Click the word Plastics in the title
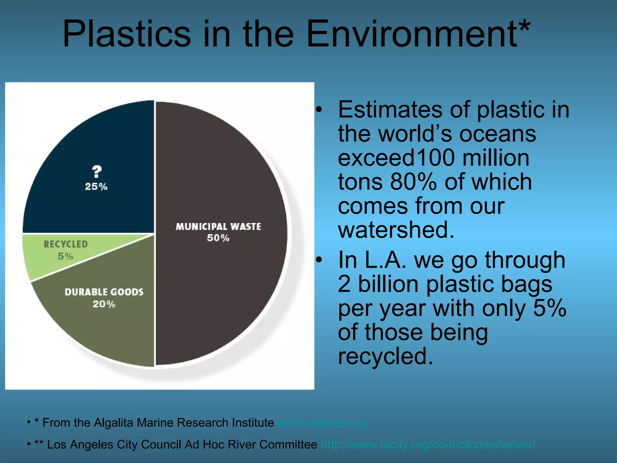click(x=127, y=34)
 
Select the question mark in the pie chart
click(x=97, y=172)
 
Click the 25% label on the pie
click(x=96, y=187)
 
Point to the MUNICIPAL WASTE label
click(x=218, y=227)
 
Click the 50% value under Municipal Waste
click(x=218, y=238)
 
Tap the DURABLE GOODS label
click(x=104, y=292)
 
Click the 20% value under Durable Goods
click(x=104, y=304)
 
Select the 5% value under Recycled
click(x=65, y=256)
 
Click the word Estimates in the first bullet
click(x=390, y=110)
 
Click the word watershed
click(x=396, y=230)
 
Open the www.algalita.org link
click(x=322, y=423)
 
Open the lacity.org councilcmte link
click(x=428, y=445)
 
